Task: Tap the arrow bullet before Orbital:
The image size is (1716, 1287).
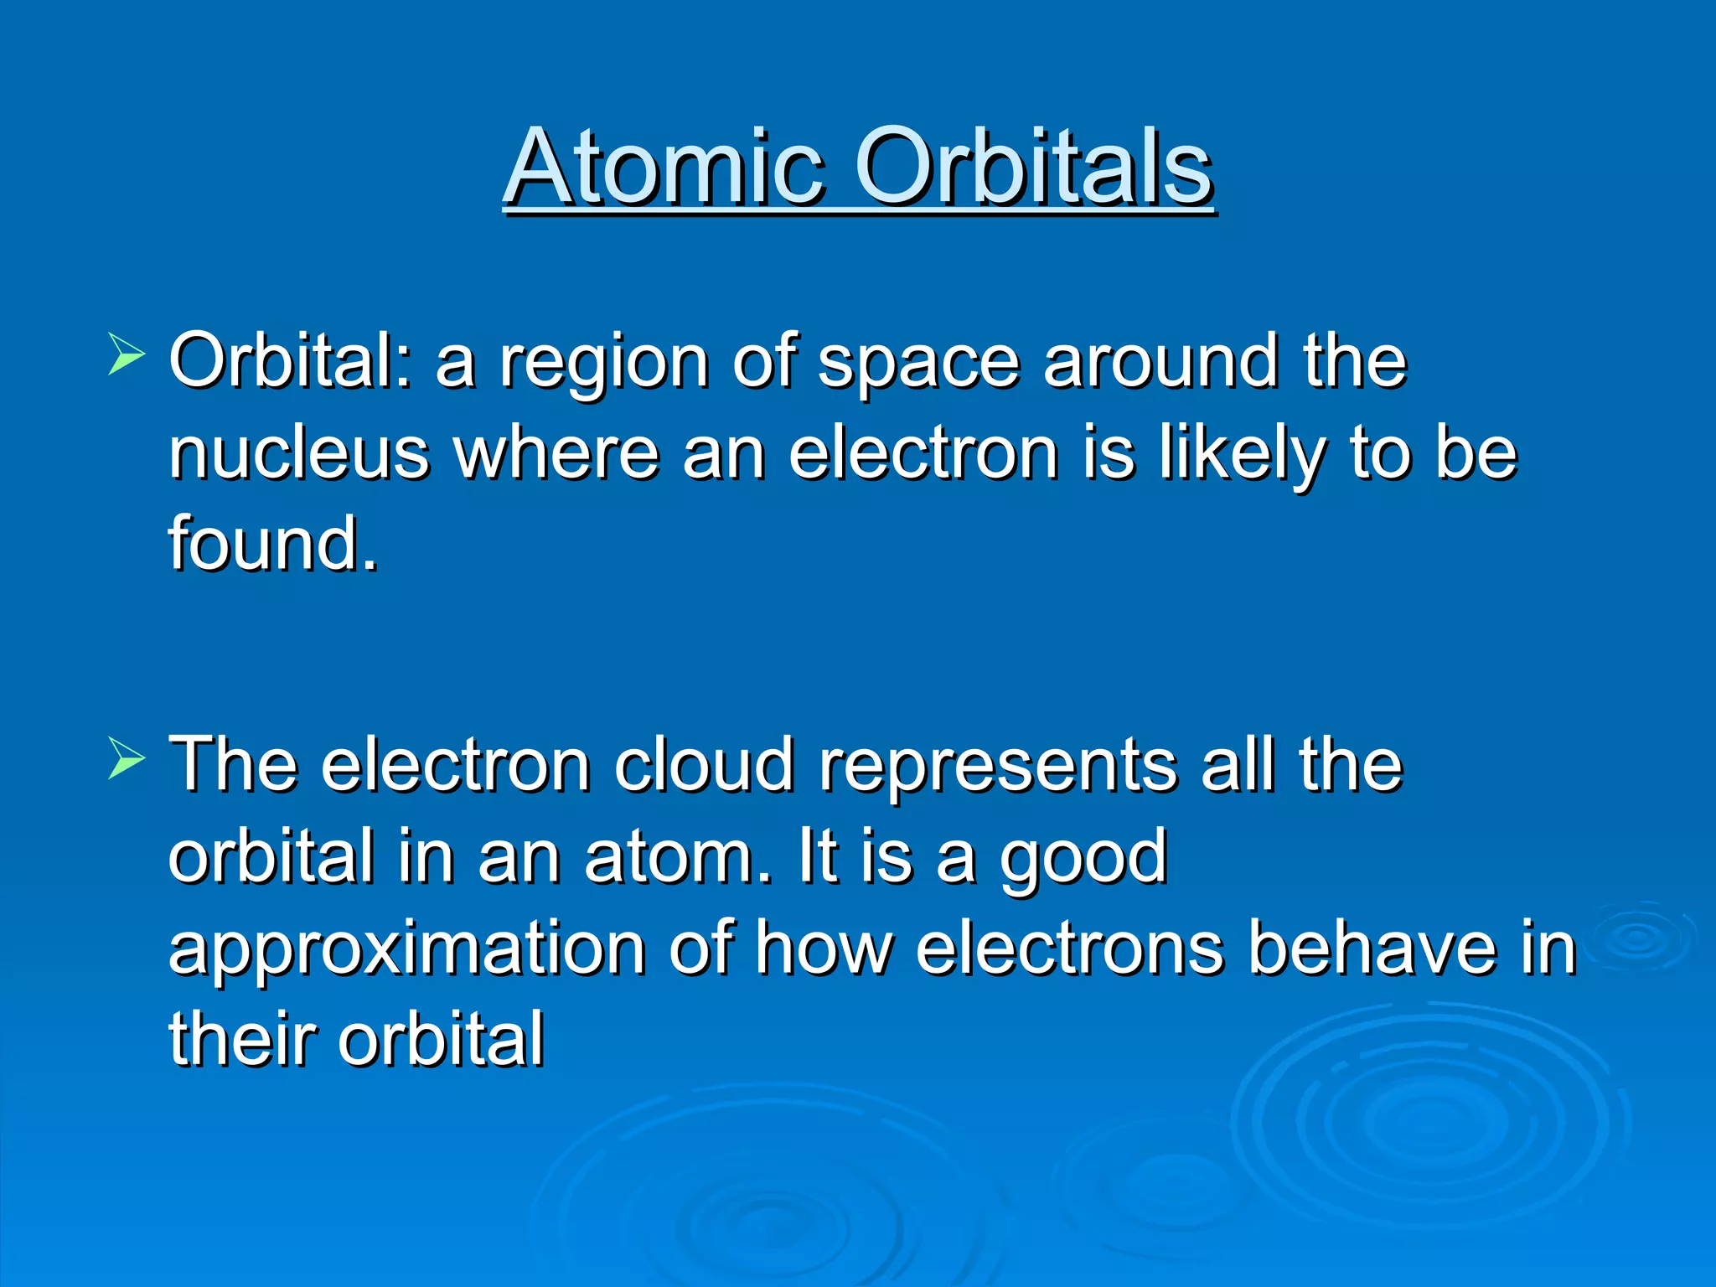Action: click(127, 354)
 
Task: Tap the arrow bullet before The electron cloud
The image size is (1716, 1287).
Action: click(127, 759)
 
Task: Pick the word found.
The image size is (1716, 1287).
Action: click(273, 545)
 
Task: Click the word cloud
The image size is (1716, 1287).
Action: click(704, 766)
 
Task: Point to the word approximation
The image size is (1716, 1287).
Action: click(407, 950)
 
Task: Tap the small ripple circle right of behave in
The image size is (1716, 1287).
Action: click(1639, 938)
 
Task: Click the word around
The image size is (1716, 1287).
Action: click(1160, 362)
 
